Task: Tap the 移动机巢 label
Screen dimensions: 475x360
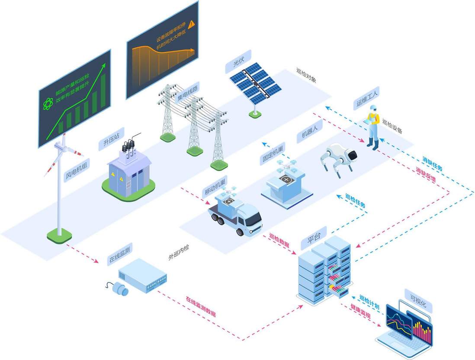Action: click(214, 188)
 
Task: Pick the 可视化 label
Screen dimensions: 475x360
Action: click(416, 299)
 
